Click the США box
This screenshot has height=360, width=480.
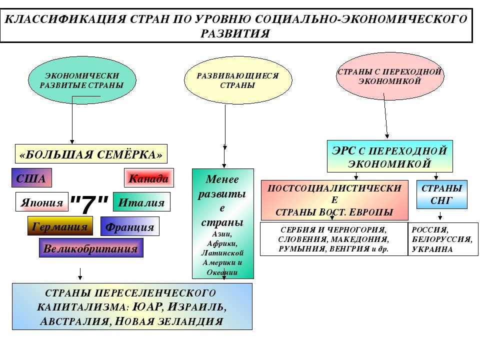[31, 178]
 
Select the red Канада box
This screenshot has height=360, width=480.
[148, 178]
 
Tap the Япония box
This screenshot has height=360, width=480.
[42, 202]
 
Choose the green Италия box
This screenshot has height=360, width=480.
[141, 202]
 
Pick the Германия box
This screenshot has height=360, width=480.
[60, 226]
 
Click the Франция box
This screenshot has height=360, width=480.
[130, 226]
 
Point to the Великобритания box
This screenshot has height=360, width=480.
[90, 248]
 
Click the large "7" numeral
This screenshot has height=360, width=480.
[89, 203]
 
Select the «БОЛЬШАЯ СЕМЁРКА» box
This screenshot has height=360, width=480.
[90, 154]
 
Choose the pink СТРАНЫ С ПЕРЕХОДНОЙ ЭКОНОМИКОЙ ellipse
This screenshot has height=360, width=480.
[389, 76]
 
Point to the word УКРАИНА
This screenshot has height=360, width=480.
[432, 249]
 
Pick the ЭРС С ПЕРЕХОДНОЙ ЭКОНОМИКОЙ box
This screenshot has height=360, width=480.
[389, 156]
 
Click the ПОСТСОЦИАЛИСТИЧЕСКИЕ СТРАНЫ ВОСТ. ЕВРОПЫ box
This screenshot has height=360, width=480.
[334, 200]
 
